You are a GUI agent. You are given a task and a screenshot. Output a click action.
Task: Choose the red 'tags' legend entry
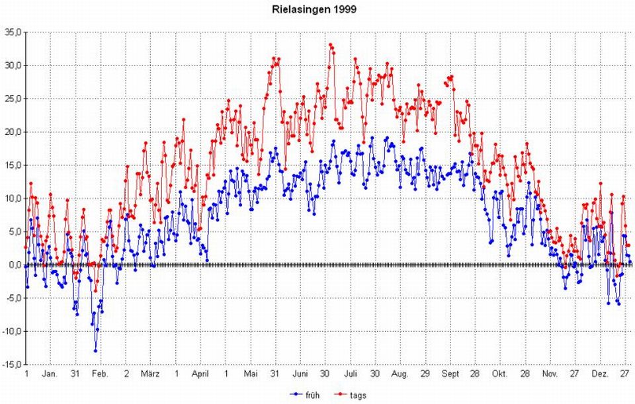coord(350,395)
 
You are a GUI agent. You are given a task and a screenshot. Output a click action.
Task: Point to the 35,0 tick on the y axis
coord(13,32)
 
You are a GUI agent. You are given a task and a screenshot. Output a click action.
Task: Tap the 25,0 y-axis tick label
coord(13,99)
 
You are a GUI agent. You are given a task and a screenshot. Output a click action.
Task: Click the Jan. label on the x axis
coord(50,374)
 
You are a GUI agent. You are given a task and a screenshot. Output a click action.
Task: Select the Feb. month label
coord(100,374)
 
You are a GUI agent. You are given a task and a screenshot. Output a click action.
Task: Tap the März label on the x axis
coord(150,374)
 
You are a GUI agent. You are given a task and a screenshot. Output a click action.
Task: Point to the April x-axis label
coord(200,374)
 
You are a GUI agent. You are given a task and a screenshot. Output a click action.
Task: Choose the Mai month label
coord(251,374)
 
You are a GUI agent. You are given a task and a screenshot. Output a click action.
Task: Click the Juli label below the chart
coord(351,374)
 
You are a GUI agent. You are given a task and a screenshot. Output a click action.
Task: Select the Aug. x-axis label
coord(400,374)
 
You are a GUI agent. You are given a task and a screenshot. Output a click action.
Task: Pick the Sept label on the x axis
coord(450,374)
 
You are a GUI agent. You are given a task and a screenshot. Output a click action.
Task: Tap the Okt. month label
coord(499,374)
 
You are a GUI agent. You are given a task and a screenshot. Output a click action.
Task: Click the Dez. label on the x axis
coord(600,374)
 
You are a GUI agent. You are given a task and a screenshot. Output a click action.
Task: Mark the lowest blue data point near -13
coord(95,350)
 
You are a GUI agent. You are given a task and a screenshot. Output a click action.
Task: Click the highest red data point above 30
coord(331,45)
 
